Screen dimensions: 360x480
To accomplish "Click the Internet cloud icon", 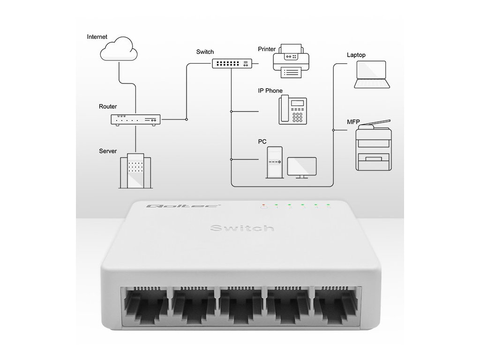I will click(x=119, y=50).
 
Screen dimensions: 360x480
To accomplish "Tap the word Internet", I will click(x=97, y=37).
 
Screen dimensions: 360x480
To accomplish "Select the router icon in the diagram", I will click(x=135, y=120).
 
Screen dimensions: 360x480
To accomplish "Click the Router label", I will click(x=108, y=106).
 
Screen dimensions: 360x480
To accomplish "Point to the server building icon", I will click(x=135, y=171).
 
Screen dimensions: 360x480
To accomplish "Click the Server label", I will click(x=108, y=151).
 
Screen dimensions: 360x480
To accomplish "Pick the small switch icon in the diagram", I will click(x=232, y=63).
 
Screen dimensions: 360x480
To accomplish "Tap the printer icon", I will click(x=292, y=60).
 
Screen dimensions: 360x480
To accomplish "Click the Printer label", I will click(x=267, y=49).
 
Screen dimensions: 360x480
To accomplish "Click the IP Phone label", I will click(x=270, y=90).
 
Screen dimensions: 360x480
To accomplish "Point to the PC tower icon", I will click(x=274, y=162).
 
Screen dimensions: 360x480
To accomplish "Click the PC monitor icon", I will click(x=301, y=167).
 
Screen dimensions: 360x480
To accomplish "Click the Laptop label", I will click(x=356, y=55).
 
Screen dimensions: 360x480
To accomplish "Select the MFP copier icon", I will click(x=374, y=145).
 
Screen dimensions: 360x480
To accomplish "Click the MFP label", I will click(x=353, y=122).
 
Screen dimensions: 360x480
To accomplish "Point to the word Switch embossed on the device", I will click(x=242, y=228).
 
